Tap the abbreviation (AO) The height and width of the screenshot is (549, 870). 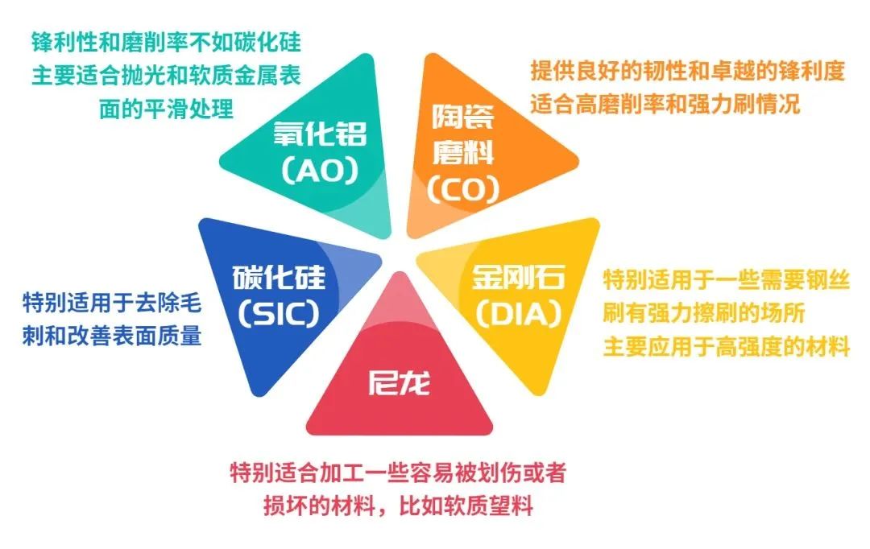coord(319,171)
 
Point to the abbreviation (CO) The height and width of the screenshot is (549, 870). coord(463,188)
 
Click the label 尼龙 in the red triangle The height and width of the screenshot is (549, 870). coord(399,381)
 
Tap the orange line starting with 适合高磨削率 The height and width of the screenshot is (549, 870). coord(665,105)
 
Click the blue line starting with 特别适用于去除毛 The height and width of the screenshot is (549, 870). coord(111,303)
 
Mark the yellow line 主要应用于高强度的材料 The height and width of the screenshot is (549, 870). coord(727,348)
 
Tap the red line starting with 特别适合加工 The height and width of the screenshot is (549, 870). coord(399,473)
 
